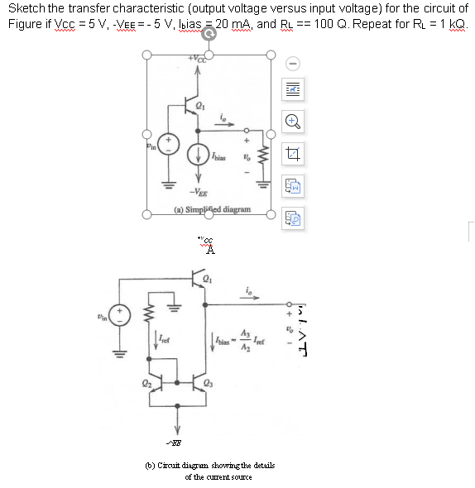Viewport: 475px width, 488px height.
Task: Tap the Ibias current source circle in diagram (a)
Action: (x=199, y=154)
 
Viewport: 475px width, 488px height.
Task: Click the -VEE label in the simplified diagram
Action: (x=198, y=192)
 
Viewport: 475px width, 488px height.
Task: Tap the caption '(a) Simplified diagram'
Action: (x=211, y=209)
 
